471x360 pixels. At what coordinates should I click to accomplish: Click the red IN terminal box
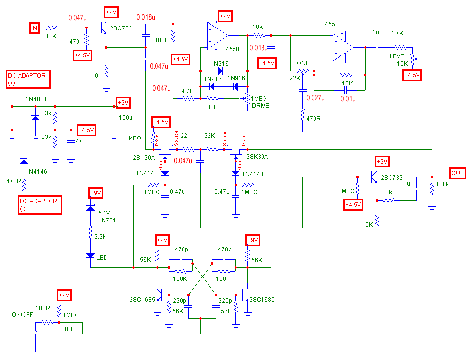pyautogui.click(x=34, y=28)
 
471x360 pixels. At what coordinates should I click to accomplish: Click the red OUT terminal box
pyautogui.click(x=457, y=173)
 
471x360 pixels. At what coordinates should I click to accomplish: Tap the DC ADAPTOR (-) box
pyautogui.click(x=38, y=205)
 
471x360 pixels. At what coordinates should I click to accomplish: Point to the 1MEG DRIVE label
pyautogui.click(x=260, y=102)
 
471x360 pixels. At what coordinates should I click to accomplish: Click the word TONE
pyautogui.click(x=301, y=64)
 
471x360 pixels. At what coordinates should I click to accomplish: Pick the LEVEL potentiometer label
pyautogui.click(x=398, y=56)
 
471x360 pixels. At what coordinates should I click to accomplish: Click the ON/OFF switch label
pyautogui.click(x=23, y=314)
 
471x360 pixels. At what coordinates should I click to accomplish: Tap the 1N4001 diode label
pyautogui.click(x=36, y=99)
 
